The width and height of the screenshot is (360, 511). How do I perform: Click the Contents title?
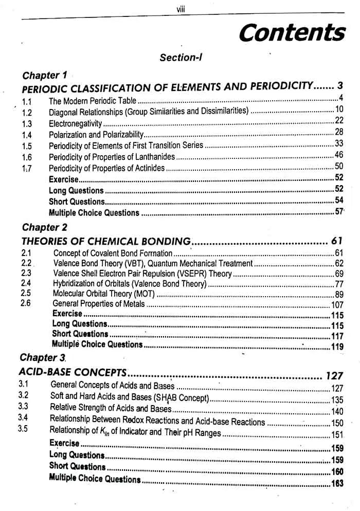click(x=292, y=32)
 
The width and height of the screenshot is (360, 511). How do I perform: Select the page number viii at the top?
click(x=181, y=6)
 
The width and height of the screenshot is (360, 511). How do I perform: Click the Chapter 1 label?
click(x=44, y=76)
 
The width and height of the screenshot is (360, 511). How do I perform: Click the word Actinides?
click(x=150, y=168)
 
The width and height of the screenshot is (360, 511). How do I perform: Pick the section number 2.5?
click(x=26, y=293)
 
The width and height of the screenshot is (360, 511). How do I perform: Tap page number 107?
click(x=337, y=305)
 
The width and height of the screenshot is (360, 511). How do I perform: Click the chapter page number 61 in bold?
click(x=336, y=241)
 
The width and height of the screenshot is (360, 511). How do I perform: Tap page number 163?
click(x=337, y=483)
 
